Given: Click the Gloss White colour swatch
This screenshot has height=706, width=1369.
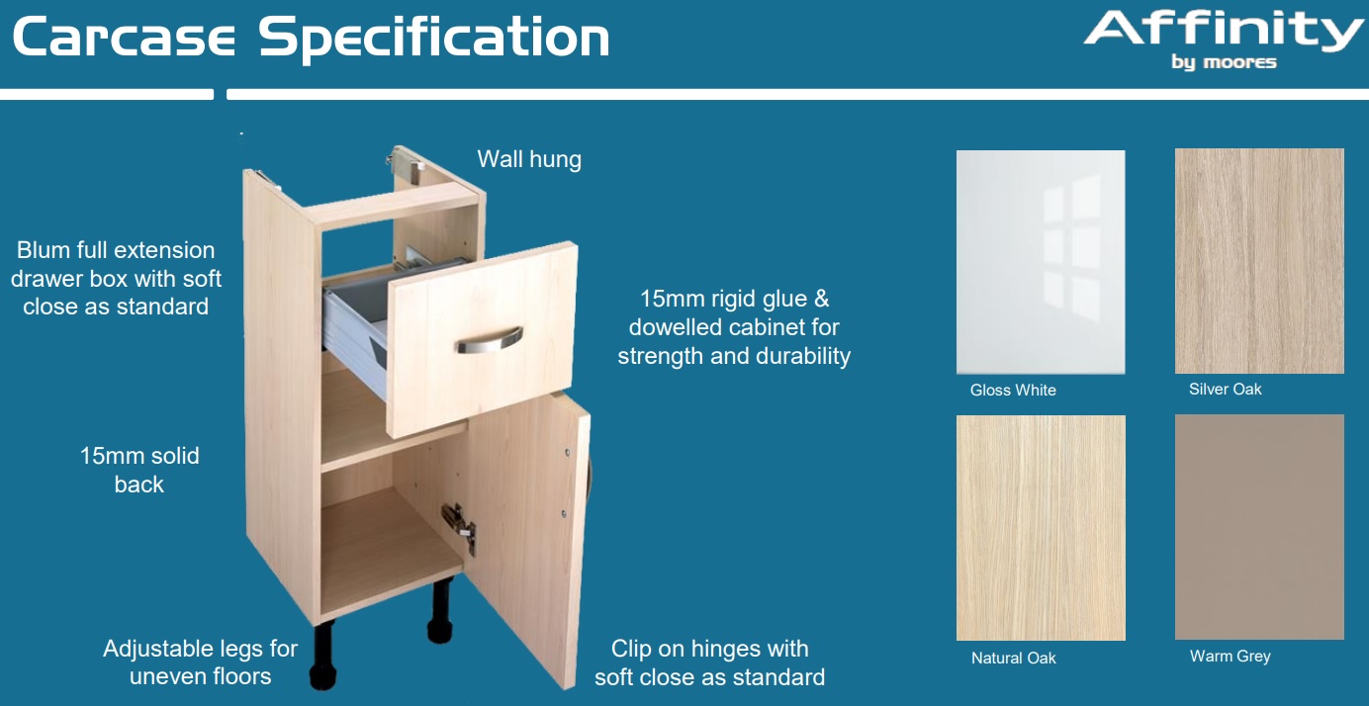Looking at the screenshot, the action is click(1041, 262).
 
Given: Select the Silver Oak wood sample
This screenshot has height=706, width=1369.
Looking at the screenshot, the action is click(1259, 261).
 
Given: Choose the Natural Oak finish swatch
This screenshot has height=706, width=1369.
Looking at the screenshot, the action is click(1041, 528).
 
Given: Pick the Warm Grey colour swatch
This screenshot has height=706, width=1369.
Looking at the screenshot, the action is click(1259, 527).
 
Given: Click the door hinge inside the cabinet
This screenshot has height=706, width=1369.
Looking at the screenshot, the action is click(458, 526).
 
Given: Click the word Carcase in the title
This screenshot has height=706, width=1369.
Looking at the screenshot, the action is click(124, 38).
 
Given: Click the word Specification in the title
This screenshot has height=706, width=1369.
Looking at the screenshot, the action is click(433, 38).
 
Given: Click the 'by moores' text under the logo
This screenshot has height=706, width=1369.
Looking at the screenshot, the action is click(1224, 62).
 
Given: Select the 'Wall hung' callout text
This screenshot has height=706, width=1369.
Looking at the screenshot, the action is click(529, 159).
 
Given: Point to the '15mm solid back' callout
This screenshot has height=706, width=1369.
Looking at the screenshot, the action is click(139, 470).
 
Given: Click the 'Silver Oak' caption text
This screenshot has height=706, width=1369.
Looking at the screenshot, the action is click(1225, 389).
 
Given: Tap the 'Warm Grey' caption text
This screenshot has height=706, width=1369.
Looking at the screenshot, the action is click(1230, 656).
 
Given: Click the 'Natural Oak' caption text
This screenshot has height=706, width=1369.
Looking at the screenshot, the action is click(1013, 658).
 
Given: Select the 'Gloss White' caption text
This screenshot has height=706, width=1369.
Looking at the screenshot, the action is click(1013, 390).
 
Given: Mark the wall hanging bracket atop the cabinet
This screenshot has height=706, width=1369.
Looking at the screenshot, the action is click(405, 159).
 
